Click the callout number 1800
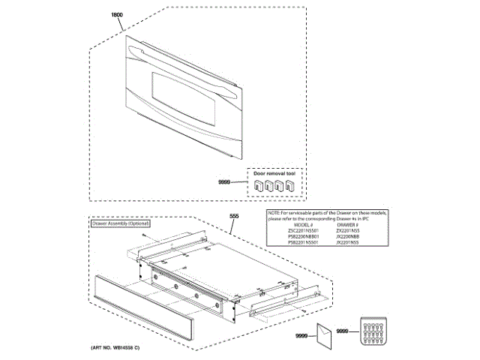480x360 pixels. (116, 15)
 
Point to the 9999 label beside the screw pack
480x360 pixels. (344, 331)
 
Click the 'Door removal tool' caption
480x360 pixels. (274, 172)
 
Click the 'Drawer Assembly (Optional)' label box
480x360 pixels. (121, 223)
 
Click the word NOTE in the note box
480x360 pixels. (275, 213)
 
